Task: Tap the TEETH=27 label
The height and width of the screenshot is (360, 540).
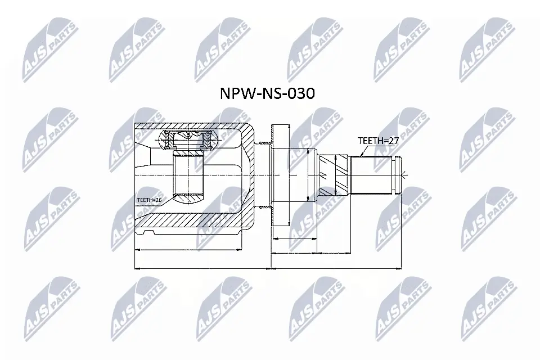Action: coord(378,141)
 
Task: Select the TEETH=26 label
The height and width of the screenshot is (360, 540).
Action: coord(150,199)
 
